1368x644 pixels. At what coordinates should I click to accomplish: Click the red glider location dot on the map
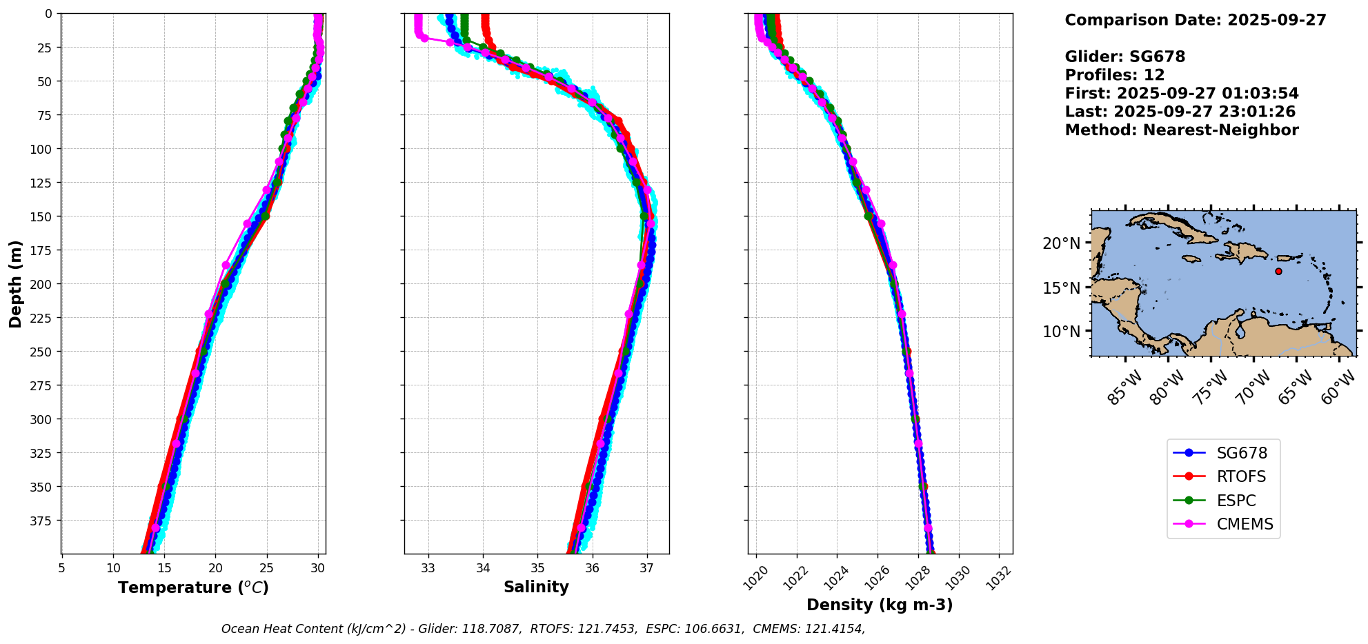[x=1278, y=272]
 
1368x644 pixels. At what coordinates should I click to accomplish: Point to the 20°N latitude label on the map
[x=1061, y=243]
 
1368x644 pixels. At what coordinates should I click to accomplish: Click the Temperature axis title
[x=193, y=587]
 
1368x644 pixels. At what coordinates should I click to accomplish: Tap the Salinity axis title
[x=536, y=587]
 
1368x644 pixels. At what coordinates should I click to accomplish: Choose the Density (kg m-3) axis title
[x=880, y=605]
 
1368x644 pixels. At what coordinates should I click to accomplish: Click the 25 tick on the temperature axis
[x=266, y=568]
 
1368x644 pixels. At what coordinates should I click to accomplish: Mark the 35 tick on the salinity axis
[x=537, y=568]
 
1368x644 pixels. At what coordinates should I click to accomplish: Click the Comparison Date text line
[x=1196, y=20]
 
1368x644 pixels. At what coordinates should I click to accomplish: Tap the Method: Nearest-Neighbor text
[x=1182, y=130]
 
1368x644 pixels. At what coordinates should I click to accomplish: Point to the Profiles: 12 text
[x=1115, y=75]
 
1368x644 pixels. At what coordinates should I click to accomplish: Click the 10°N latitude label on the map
[x=1061, y=332]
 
